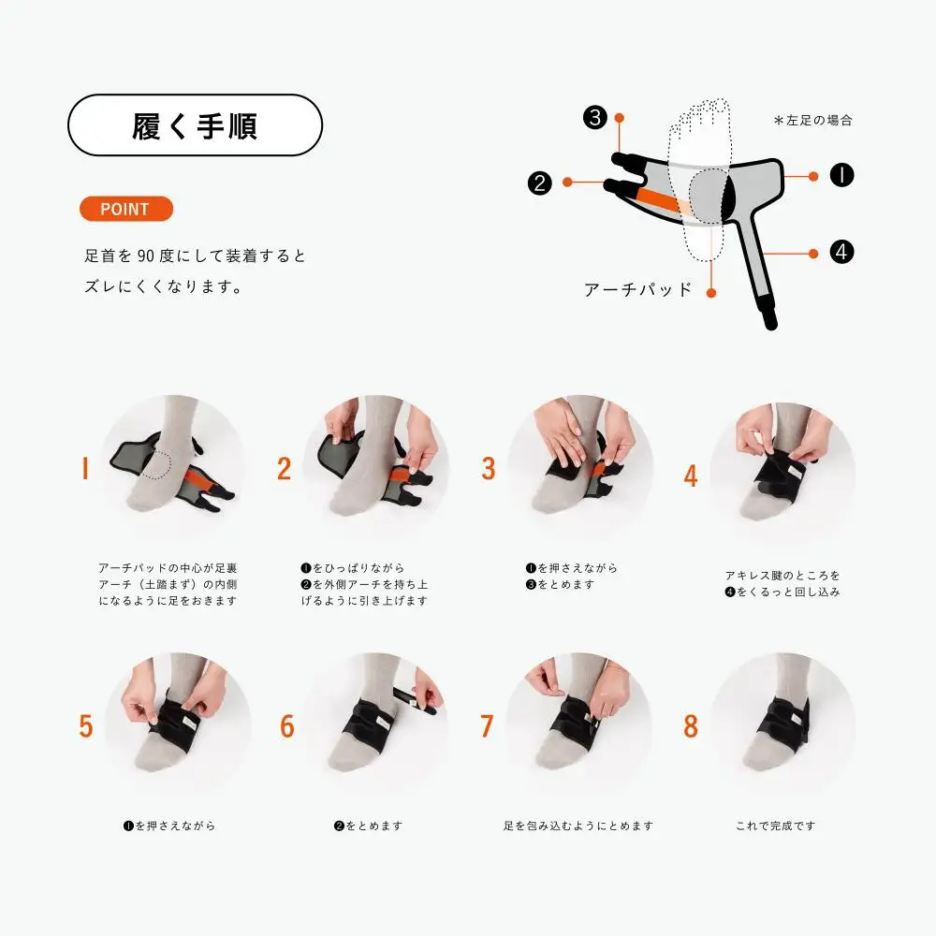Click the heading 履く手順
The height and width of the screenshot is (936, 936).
[195, 126]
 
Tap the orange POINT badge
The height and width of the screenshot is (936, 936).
[126, 209]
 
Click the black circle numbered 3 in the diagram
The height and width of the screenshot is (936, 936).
[595, 117]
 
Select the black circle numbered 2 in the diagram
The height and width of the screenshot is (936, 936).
[540, 183]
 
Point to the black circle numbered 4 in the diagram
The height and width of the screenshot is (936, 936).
[841, 252]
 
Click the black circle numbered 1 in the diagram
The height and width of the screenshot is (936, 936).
[841, 175]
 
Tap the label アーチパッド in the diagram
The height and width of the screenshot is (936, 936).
[638, 290]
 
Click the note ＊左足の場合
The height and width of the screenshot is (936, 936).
[813, 121]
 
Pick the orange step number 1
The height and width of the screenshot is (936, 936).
[85, 468]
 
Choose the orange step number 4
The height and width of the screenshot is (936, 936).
[691, 475]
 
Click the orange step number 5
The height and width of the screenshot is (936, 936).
[86, 726]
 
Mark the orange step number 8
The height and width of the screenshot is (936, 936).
[691, 726]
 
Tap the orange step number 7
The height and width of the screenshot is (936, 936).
[487, 726]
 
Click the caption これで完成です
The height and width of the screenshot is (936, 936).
[775, 826]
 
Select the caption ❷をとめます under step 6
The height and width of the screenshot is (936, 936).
[368, 826]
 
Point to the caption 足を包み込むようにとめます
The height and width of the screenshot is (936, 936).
[578, 826]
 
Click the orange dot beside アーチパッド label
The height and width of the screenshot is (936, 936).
[711, 292]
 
